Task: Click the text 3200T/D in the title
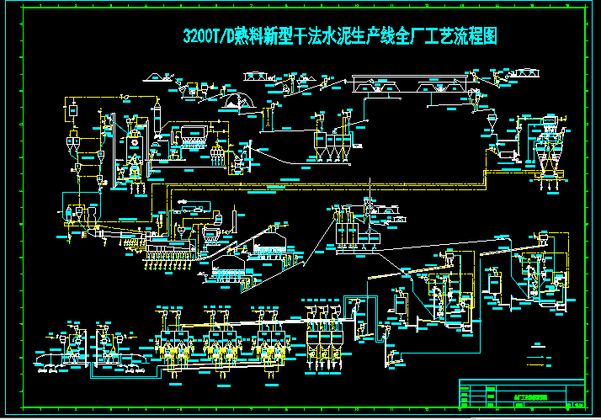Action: [x=204, y=38]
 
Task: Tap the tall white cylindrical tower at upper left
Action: [x=156, y=126]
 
